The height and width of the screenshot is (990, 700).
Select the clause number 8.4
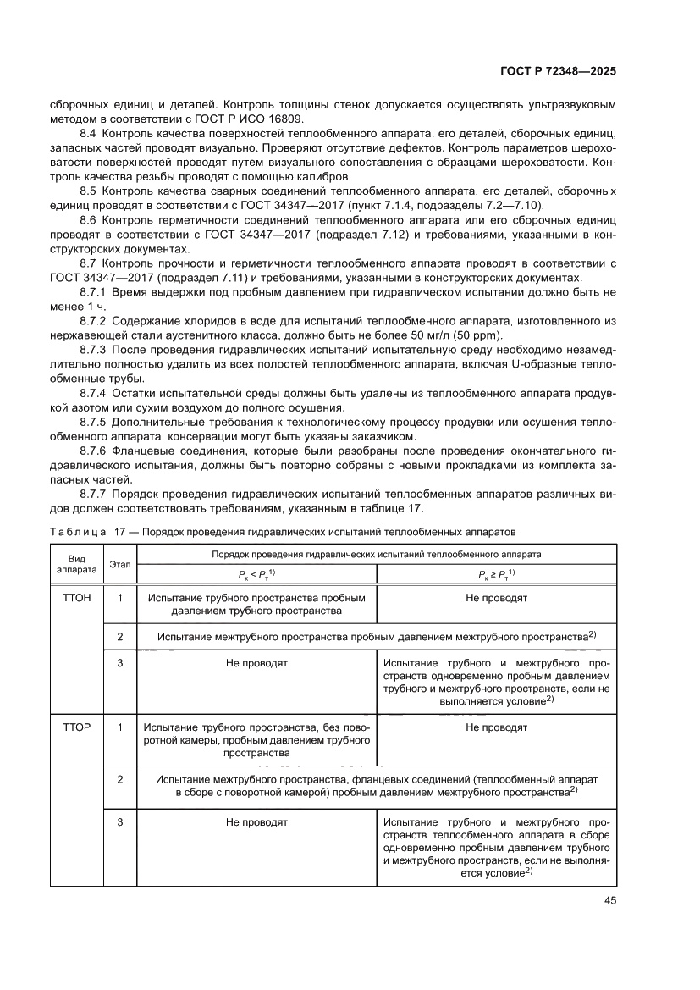(89, 135)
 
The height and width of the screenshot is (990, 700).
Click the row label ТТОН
(76, 597)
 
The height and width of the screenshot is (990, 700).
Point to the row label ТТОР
(76, 727)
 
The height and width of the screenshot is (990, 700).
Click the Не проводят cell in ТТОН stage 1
(496, 597)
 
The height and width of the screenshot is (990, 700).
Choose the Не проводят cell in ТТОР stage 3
(256, 821)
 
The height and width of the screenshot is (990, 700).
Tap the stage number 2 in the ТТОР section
(119, 777)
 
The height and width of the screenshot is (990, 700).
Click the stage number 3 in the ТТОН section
(119, 662)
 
